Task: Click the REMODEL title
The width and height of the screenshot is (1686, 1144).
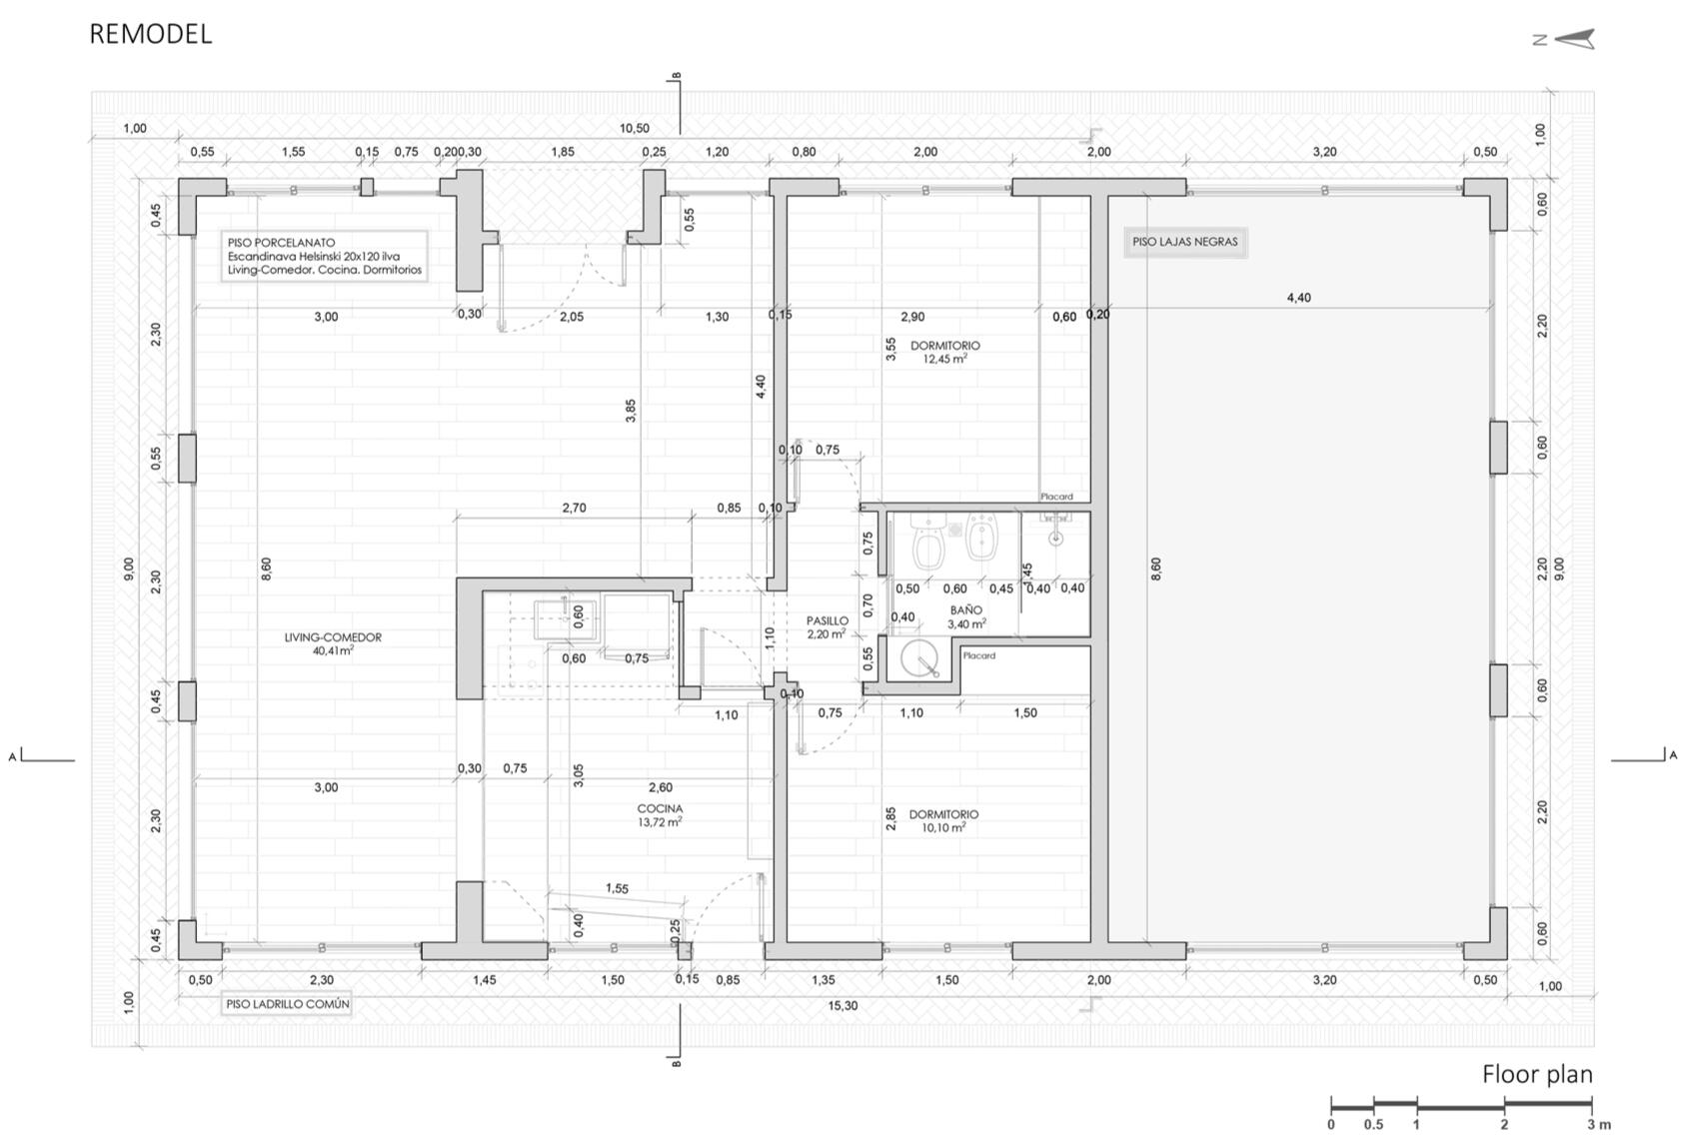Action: pos(151,34)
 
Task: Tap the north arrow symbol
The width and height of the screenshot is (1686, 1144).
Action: pos(1565,39)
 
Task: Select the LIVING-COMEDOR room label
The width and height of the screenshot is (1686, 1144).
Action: pos(333,643)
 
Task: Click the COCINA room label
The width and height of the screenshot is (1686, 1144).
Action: pos(660,815)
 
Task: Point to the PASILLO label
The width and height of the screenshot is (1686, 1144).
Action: pos(828,626)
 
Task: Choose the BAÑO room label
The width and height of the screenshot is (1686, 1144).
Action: pos(965,616)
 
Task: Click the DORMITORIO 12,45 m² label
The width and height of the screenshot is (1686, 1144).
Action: pos(945,353)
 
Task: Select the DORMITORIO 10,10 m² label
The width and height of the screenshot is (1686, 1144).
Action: pos(943,820)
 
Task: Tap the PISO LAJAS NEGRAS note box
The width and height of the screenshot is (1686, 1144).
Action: pos(1185,243)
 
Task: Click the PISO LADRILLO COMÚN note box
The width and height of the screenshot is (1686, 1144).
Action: pos(288,1004)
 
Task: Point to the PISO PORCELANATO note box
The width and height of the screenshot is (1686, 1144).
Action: pos(325,256)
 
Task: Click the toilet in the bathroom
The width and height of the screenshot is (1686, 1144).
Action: pos(928,543)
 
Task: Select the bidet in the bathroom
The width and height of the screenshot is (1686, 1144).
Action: pos(980,538)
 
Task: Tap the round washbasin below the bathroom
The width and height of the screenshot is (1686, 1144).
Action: pos(919,658)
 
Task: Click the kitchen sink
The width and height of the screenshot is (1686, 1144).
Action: pos(566,619)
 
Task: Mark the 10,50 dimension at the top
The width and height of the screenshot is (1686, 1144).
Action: pos(634,129)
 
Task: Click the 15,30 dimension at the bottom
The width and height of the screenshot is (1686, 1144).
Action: pos(843,1005)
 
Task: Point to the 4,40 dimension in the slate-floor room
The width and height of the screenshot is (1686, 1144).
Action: pos(1298,298)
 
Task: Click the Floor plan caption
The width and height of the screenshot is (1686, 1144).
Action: pos(1537,1074)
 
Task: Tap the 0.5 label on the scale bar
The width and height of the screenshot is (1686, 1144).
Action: pos(1373,1125)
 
